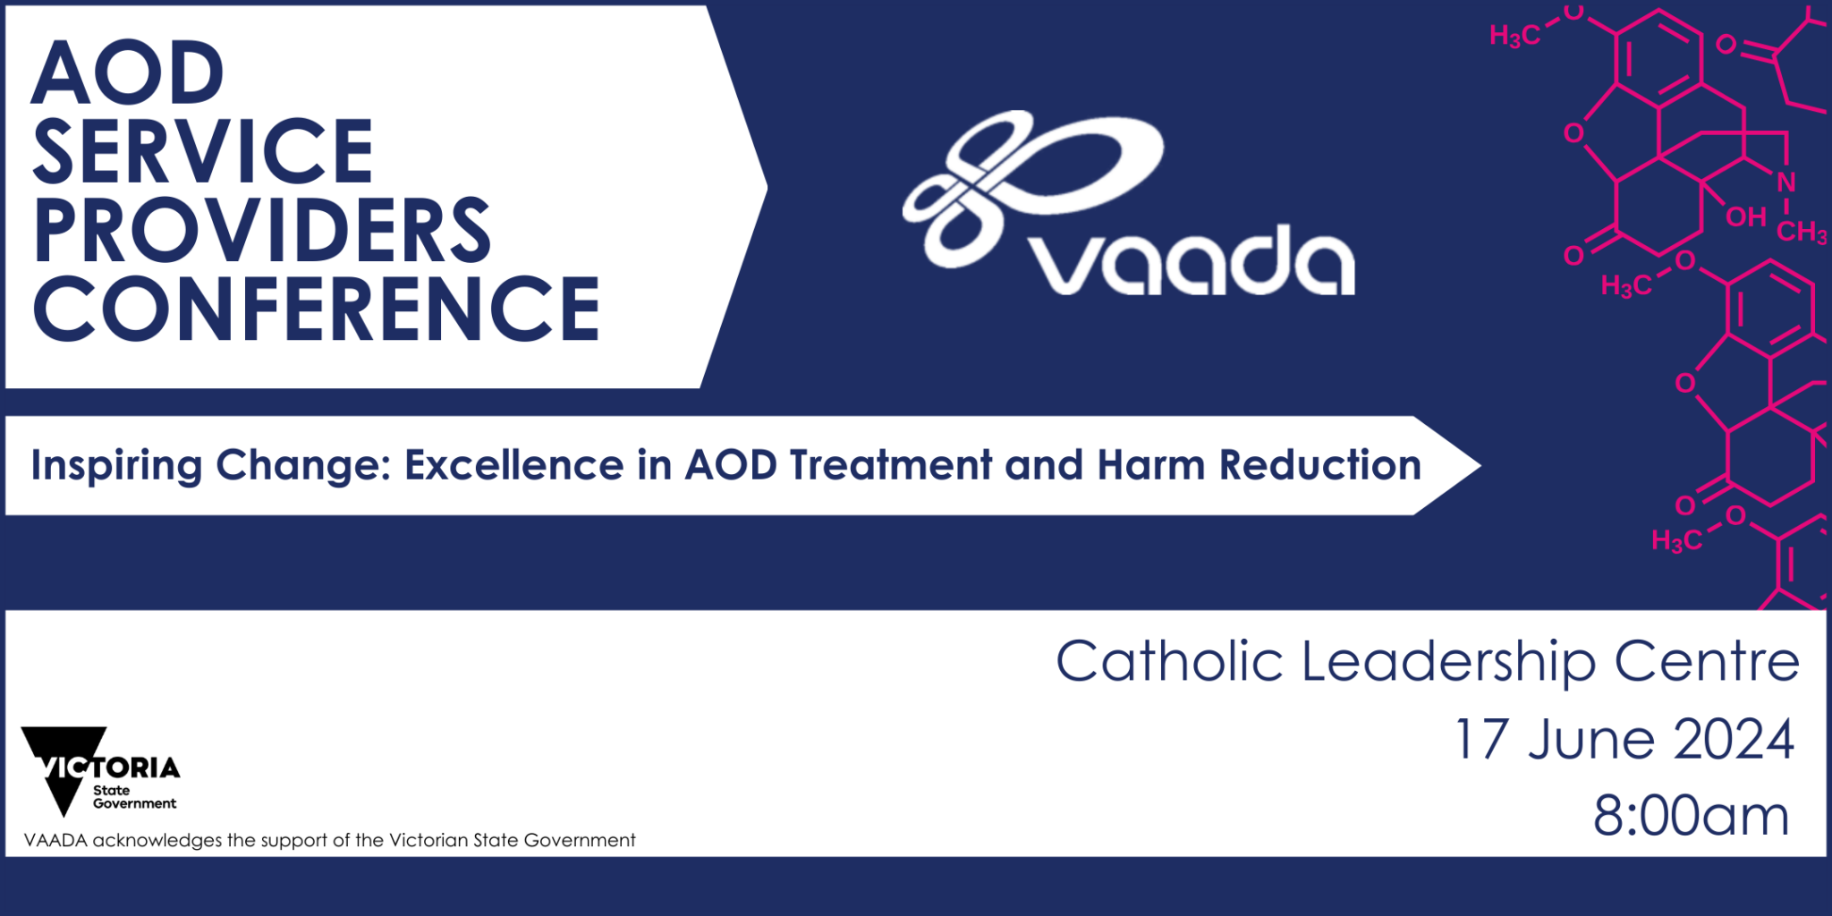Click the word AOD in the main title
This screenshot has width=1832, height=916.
[x=127, y=73]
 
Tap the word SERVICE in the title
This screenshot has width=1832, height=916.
[x=202, y=152]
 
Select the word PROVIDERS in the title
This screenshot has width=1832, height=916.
[x=261, y=230]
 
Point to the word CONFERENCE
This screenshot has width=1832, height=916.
[x=316, y=309]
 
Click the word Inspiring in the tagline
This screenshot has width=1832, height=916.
[x=116, y=466]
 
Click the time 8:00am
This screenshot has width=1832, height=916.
[x=1691, y=816]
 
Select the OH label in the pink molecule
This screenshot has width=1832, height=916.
[x=1745, y=217]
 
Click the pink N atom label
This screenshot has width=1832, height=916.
[x=1786, y=182]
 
